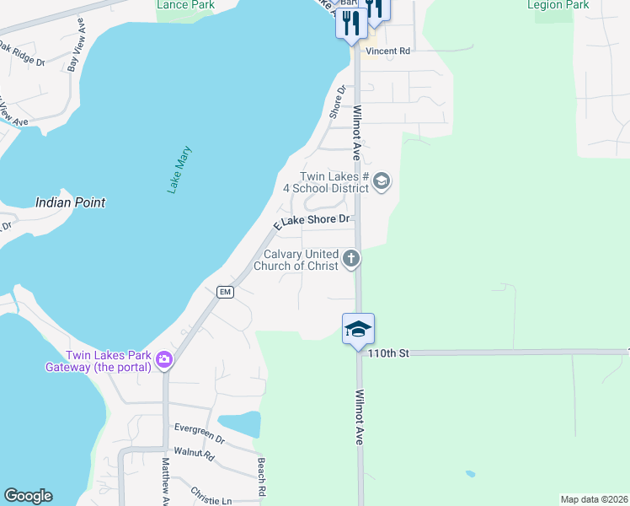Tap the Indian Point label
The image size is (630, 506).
[x=71, y=202]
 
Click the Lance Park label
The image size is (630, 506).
[x=185, y=5]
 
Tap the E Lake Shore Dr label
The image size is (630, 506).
[x=311, y=222]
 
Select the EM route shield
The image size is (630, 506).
[x=224, y=292]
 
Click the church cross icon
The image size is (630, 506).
[x=351, y=260]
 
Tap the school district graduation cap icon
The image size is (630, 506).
[x=382, y=181]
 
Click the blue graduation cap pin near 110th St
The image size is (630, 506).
[x=358, y=329]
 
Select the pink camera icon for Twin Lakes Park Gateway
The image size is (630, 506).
[x=163, y=360]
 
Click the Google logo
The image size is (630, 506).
[x=28, y=496]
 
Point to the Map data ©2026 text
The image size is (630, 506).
[x=594, y=499]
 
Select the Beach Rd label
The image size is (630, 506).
[x=262, y=477]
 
